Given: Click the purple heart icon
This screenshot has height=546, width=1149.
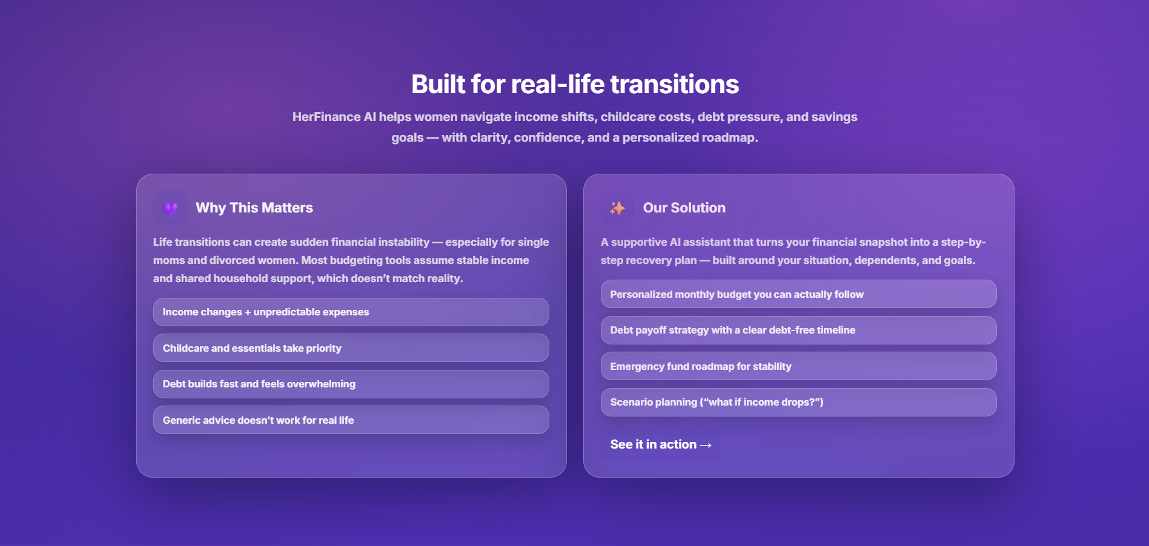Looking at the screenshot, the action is click(x=170, y=208).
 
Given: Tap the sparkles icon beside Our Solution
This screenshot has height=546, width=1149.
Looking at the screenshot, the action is click(x=617, y=208).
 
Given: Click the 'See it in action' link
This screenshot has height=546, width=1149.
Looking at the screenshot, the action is click(x=661, y=445).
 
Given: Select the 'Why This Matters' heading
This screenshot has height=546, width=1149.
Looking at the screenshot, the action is click(x=254, y=208).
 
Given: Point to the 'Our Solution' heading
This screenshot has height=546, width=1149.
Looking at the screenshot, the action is click(x=684, y=208).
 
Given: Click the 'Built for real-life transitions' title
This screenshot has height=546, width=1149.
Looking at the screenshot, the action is click(x=575, y=84).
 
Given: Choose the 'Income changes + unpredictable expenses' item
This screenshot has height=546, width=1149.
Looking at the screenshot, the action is click(x=351, y=312).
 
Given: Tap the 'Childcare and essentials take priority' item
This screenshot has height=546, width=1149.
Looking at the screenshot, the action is click(x=351, y=348).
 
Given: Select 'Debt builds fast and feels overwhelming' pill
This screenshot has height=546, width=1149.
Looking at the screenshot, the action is click(x=351, y=384).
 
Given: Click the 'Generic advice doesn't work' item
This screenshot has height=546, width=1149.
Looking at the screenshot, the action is click(x=351, y=420).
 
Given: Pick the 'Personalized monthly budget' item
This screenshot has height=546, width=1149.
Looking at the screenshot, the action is click(x=798, y=294).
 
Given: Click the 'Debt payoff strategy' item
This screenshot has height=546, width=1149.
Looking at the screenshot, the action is click(x=798, y=330).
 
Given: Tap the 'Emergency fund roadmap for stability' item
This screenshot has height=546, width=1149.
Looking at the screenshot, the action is click(x=798, y=366).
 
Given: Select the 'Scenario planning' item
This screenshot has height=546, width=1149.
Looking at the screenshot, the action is click(x=798, y=402).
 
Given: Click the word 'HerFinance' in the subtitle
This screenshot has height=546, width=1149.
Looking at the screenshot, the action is click(x=326, y=117).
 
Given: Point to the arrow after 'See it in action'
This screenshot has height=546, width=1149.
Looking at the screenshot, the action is click(x=705, y=446).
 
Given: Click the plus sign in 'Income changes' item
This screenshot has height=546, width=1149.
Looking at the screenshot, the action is click(x=248, y=312).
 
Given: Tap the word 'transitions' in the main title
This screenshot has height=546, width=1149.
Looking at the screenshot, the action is click(x=675, y=84).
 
